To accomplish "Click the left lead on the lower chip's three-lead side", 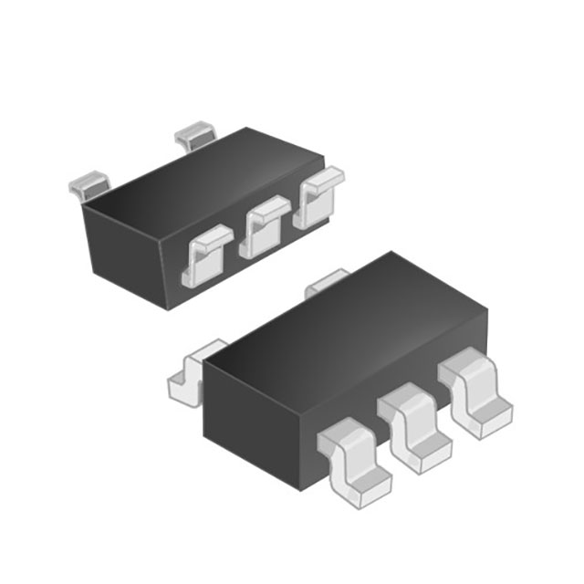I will [x=356, y=462].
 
